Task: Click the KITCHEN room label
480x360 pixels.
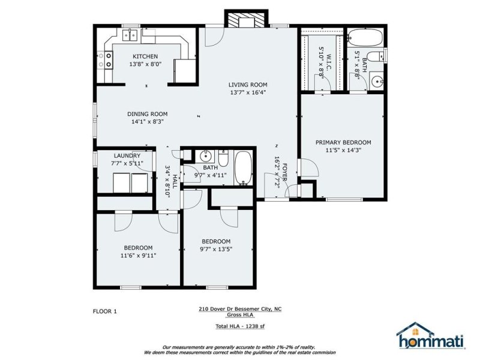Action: (146, 56)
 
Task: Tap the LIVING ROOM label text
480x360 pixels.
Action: (247, 85)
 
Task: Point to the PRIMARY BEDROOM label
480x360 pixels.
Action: (343, 142)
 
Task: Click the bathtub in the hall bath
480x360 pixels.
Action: (244, 169)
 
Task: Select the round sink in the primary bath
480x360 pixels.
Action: (376, 81)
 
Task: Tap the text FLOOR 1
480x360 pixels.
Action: (106, 311)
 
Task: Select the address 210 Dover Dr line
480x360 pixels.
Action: (239, 309)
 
